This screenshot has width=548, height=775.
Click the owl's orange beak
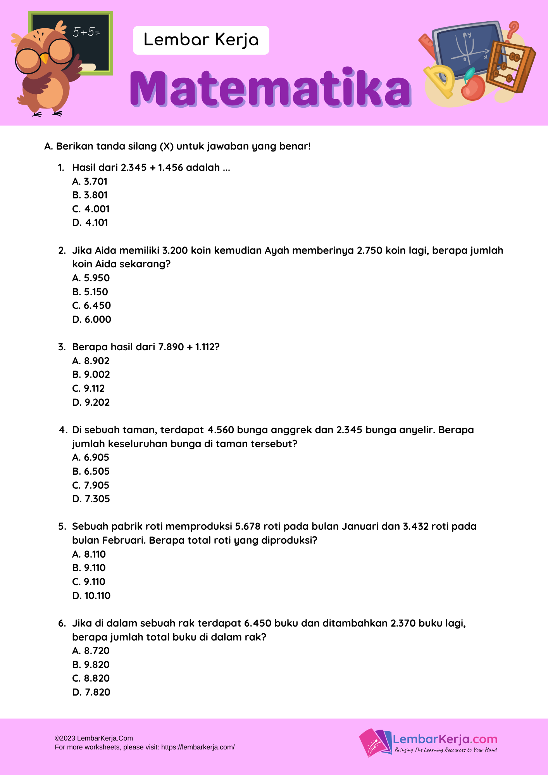pos(45,59)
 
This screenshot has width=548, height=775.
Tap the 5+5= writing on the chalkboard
pos(86,32)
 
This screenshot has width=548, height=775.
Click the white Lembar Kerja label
pos(201,40)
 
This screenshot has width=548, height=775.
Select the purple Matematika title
pos(270,88)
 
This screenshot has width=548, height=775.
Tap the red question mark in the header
pos(514,29)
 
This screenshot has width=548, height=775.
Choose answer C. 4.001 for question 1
pos(91,209)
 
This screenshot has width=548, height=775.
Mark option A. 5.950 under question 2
pos(91,278)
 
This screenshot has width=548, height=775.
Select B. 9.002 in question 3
pos(91,374)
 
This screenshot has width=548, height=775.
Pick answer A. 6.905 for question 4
pos(91,457)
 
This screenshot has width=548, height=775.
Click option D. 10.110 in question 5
pos(91,596)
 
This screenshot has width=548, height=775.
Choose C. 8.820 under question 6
pos(91,678)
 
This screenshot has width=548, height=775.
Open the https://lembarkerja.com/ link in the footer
pos(198,747)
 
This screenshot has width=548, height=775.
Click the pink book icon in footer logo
pos(370,742)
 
